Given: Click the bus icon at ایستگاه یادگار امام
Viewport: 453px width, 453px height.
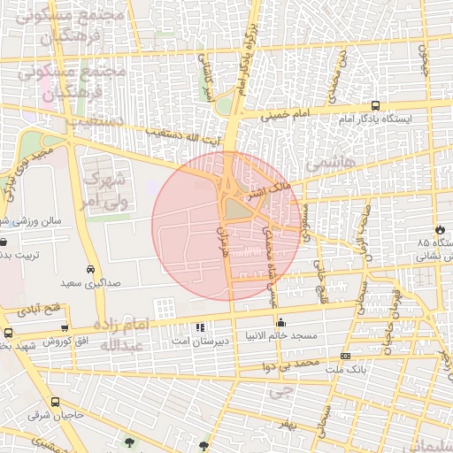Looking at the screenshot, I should point(376,105).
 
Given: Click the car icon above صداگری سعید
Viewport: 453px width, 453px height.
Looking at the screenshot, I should point(91,269).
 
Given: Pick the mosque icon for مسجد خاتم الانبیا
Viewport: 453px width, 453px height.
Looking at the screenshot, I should point(281,324).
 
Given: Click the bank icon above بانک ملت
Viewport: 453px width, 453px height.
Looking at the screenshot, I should point(345,356).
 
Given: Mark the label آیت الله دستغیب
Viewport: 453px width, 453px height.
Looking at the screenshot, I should point(188,135).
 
